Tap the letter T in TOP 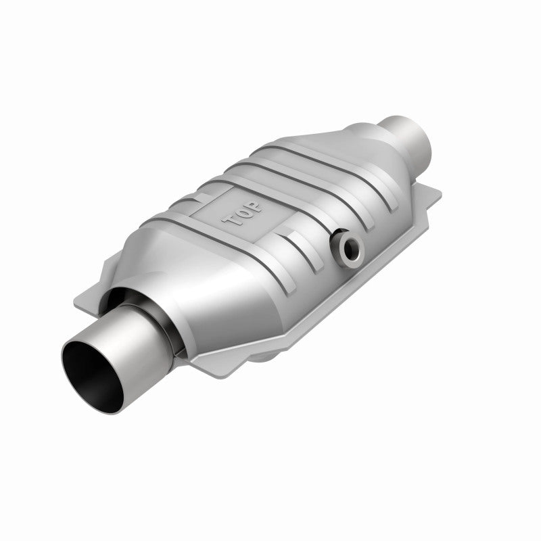click(227, 220)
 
